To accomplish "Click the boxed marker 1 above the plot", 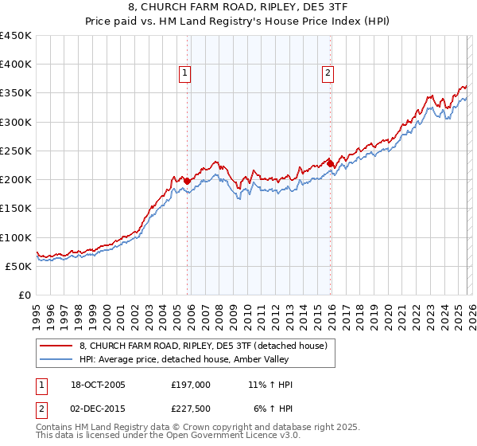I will [184, 73].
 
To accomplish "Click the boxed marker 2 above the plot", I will [328, 73].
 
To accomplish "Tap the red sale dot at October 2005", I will [188, 181].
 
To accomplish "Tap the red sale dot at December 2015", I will [331, 163].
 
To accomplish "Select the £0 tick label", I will [24, 295].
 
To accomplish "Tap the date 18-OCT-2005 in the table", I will [97, 385].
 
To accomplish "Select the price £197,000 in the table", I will [190, 385].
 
